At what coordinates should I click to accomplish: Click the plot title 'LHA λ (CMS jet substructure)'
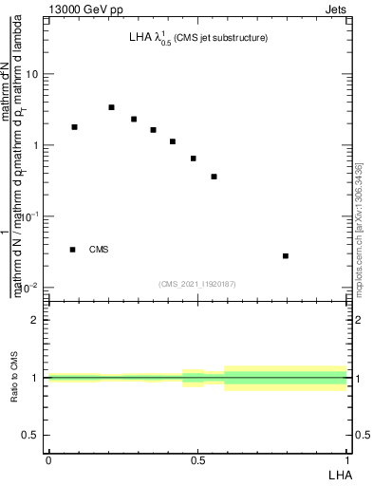198,39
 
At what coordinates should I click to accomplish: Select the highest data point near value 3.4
111,107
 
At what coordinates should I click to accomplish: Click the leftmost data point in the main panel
74,127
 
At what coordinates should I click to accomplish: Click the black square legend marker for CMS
72,250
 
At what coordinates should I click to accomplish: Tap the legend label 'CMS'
99,250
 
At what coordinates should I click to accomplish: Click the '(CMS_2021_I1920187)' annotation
197,283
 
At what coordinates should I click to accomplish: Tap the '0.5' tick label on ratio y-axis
32,435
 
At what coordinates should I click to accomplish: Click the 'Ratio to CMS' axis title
14,377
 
